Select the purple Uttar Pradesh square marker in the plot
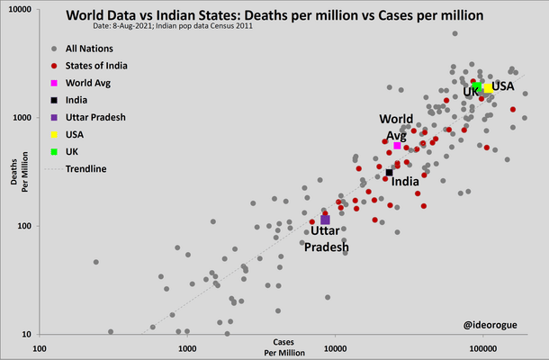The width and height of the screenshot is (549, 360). pyautogui.click(x=325, y=220)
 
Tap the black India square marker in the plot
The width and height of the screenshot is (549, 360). pyautogui.click(x=389, y=173)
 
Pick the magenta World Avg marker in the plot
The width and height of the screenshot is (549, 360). pyautogui.click(x=397, y=145)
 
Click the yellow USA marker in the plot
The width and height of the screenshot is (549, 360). pyautogui.click(x=488, y=87)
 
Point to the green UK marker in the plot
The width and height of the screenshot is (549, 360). pyautogui.click(x=477, y=86)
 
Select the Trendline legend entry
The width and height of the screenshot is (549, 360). pyautogui.click(x=86, y=168)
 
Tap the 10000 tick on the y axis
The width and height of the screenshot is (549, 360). pyautogui.click(x=19, y=9)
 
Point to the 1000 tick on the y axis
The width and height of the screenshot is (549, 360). pyautogui.click(x=22, y=118)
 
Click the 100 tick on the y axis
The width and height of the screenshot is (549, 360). pyautogui.click(x=23, y=226)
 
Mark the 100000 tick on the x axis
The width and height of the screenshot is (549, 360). pyautogui.click(x=483, y=348)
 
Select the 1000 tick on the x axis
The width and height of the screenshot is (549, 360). pyautogui.click(x=187, y=348)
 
